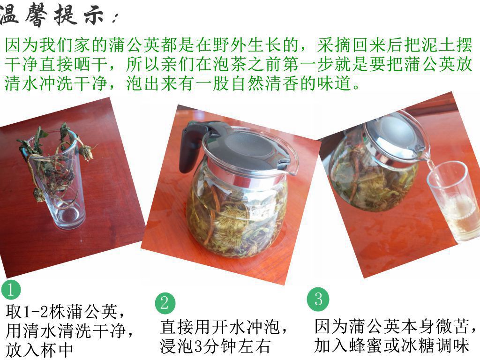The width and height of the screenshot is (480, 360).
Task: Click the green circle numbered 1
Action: [11, 290]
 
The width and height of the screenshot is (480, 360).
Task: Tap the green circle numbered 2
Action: [165, 303]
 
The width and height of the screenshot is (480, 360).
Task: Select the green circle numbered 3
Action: [318, 299]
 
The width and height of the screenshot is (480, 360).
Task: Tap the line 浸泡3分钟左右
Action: [215, 346]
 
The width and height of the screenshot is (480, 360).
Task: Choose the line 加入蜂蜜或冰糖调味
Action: [392, 345]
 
